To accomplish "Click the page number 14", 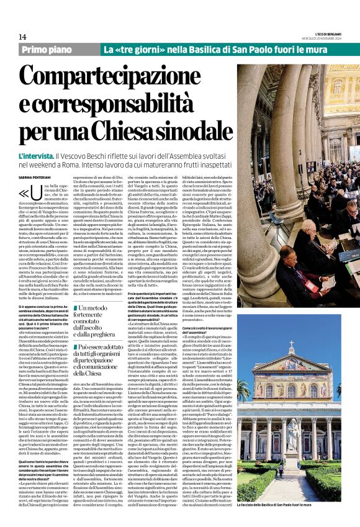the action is [x=22, y=37].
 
